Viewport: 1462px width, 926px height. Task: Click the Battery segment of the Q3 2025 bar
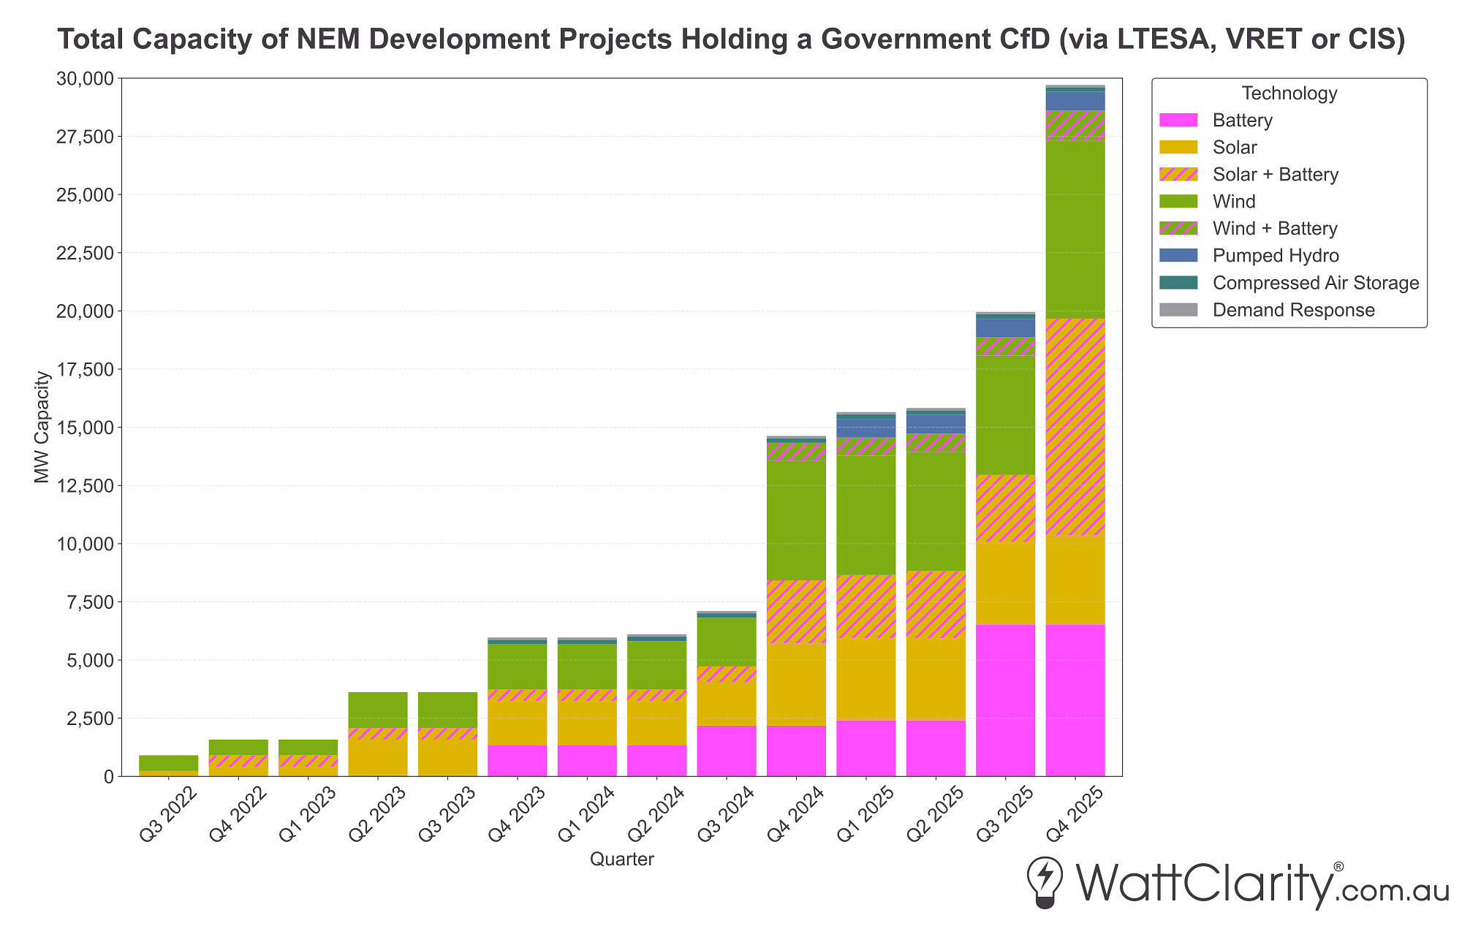coord(1005,700)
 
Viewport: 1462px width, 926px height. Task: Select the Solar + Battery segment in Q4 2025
coord(1075,428)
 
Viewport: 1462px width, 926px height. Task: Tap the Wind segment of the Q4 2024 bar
coord(796,520)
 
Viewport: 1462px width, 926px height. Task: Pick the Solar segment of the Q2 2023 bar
coord(377,758)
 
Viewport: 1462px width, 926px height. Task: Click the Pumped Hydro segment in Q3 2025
coord(1005,327)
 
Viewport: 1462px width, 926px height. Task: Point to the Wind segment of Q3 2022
coord(168,763)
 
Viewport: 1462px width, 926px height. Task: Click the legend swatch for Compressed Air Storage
coord(1178,283)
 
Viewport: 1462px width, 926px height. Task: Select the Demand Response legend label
coord(1293,310)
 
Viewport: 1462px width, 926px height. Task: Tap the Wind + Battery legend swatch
coord(1178,229)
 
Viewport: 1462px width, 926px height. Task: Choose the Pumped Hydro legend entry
coord(1275,256)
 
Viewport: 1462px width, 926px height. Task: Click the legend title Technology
coord(1289,94)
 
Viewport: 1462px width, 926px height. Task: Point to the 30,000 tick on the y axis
coord(85,78)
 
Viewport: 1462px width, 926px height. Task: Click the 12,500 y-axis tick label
coord(85,485)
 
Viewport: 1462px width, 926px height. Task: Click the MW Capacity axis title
coord(42,427)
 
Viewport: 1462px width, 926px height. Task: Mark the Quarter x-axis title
coord(621,859)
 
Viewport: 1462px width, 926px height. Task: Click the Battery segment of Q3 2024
coord(726,751)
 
